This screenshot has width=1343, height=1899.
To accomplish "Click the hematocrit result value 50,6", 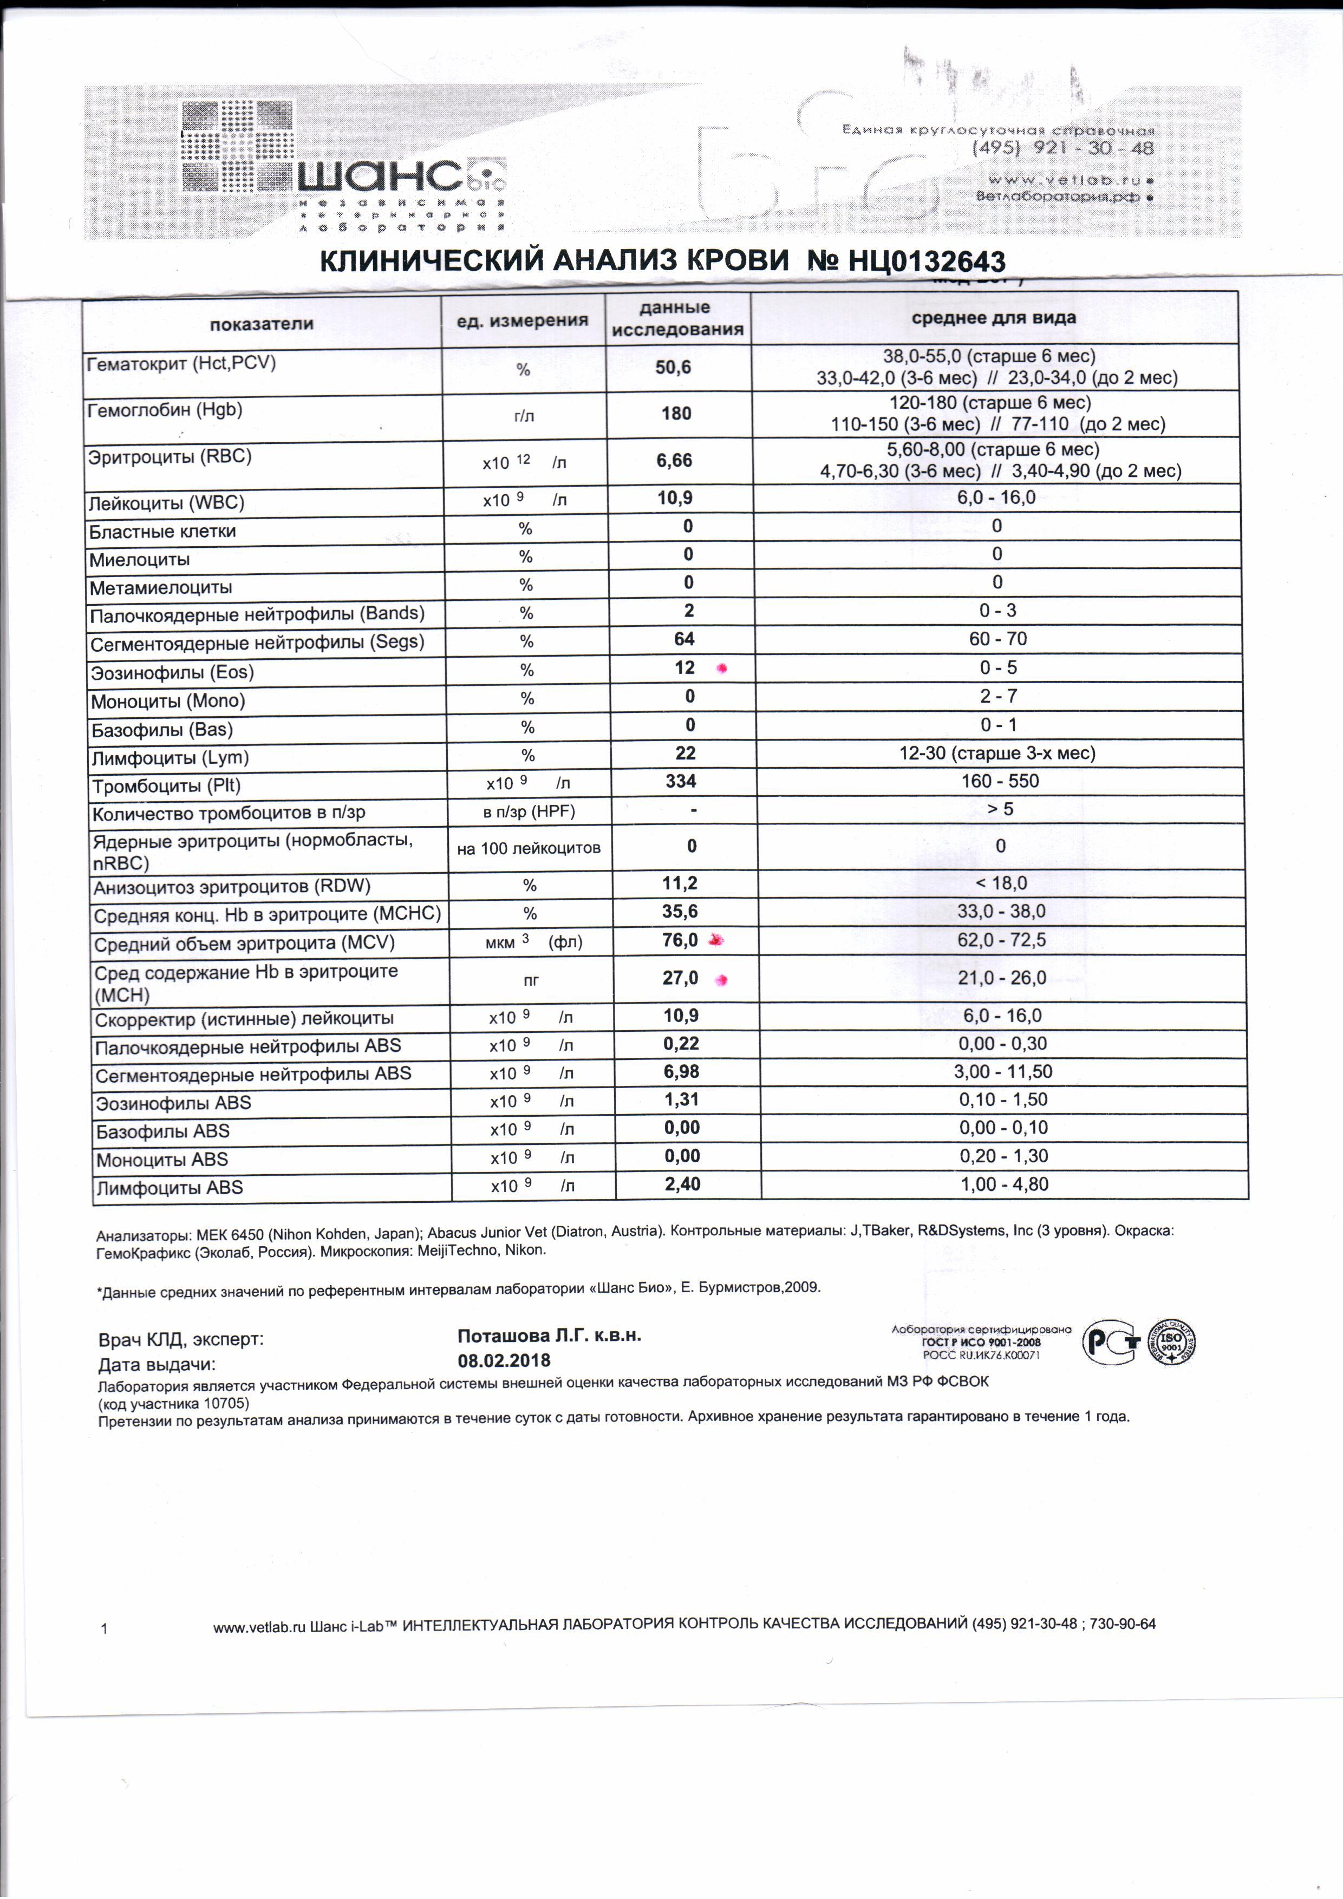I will point(673,367).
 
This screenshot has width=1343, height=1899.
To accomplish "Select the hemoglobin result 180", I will point(676,414).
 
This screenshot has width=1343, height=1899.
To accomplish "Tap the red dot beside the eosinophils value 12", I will point(721,669).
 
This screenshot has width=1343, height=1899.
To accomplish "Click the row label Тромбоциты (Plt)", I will point(166,785).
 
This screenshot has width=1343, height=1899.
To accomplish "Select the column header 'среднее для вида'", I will point(993,318).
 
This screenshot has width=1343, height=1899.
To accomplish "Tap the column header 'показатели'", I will point(262,323).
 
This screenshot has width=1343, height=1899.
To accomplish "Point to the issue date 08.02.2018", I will point(504,1360).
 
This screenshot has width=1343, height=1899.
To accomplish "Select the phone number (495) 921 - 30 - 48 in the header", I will point(1064,149).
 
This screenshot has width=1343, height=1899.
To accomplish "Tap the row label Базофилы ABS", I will point(163,1131).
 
